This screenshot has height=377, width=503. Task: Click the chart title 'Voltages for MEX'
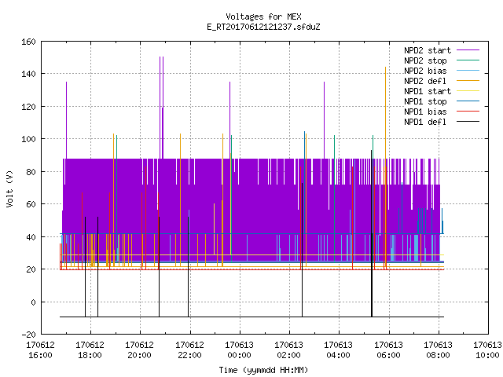263,16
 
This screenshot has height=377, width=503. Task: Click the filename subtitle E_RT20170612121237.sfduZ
263,27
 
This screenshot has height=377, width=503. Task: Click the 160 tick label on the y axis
28,42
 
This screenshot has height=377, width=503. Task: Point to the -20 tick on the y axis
28,335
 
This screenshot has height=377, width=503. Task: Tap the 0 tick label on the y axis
33,302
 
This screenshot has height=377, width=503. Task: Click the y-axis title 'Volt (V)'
9,188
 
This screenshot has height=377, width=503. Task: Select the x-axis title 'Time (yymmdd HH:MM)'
263,370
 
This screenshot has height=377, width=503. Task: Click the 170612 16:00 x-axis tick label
40,350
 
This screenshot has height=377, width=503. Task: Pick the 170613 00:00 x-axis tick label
239,350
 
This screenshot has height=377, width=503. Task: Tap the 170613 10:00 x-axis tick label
487,350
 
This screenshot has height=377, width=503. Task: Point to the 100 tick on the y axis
28,139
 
